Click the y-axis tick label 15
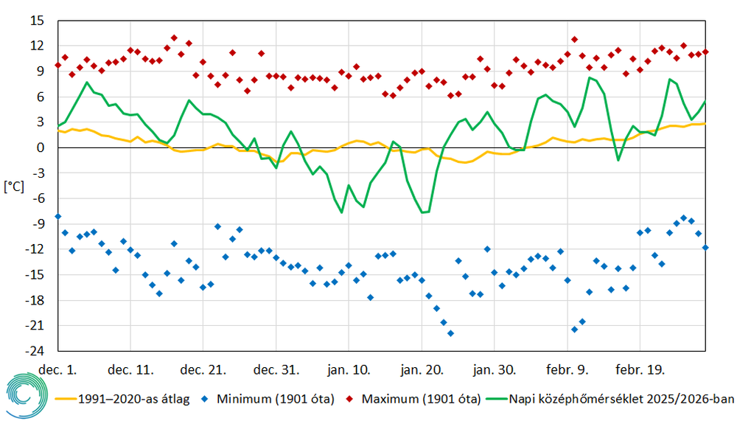[x=37, y=21]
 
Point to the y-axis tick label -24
[x=34, y=351]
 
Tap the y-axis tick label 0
[x=41, y=147]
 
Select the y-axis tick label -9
[x=37, y=224]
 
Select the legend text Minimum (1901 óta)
[x=276, y=400]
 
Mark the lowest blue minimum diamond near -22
[x=451, y=333]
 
